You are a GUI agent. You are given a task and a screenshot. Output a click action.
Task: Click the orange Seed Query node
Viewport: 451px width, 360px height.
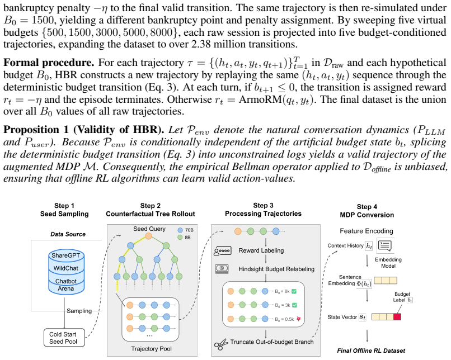pyautogui.click(x=148, y=236)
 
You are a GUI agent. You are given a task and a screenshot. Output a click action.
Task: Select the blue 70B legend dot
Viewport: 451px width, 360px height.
pyautogui.click(x=180, y=230)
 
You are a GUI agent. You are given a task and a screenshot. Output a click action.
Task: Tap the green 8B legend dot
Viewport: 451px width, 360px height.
pyautogui.click(x=180, y=238)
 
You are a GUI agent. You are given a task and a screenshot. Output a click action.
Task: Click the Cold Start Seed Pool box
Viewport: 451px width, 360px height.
pyautogui.click(x=64, y=338)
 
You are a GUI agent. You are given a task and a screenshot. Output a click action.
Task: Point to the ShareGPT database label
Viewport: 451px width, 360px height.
pyautogui.click(x=66, y=255)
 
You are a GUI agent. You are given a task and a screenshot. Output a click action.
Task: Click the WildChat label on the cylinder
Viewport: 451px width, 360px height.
pyautogui.click(x=66, y=268)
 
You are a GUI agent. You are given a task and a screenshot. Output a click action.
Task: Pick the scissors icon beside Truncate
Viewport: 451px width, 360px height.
pyautogui.click(x=221, y=344)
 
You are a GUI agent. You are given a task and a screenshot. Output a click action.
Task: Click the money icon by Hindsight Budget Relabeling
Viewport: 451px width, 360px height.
pyautogui.click(x=222, y=269)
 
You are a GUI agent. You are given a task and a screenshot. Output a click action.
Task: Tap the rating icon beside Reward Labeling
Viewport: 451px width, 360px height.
pyautogui.click(x=222, y=251)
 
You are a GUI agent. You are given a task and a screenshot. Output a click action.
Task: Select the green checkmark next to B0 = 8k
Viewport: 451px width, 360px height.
pyautogui.click(x=294, y=291)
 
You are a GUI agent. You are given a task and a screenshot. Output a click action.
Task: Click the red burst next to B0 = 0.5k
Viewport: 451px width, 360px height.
pyautogui.click(x=299, y=319)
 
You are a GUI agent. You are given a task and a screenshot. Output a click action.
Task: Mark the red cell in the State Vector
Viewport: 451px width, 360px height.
pyautogui.click(x=397, y=316)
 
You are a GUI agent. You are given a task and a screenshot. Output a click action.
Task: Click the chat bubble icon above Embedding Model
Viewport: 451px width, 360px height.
pyautogui.click(x=385, y=245)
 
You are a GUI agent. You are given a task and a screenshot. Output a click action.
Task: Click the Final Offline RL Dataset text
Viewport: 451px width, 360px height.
pyautogui.click(x=371, y=351)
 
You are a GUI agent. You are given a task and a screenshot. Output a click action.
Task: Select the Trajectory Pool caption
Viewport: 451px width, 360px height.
pyautogui.click(x=151, y=349)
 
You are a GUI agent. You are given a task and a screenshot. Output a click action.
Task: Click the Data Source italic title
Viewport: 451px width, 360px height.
pyautogui.click(x=68, y=234)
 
